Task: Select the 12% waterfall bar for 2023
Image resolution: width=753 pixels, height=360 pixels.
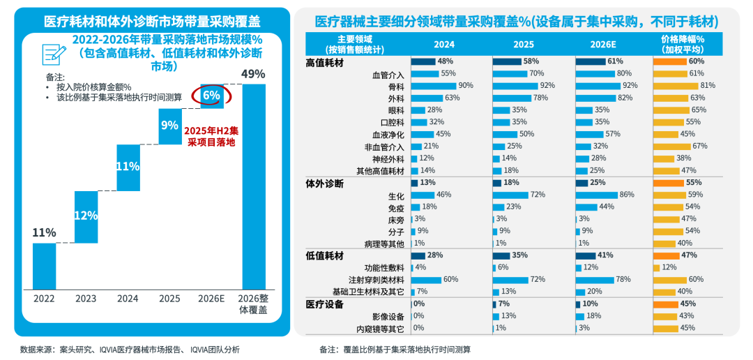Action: pos(86,216)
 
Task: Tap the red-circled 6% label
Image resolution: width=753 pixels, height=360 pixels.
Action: pos(211,95)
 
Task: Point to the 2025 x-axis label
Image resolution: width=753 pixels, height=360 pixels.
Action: pos(169,298)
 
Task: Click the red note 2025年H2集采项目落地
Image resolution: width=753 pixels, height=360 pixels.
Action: pos(212,136)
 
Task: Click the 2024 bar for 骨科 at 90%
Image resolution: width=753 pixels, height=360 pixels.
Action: pos(433,85)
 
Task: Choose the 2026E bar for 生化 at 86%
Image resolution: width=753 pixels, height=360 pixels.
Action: pos(597,195)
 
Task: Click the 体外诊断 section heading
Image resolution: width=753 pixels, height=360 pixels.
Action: pos(325,183)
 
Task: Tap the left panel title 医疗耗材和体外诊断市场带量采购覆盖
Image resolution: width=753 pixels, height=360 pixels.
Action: pos(152,20)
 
